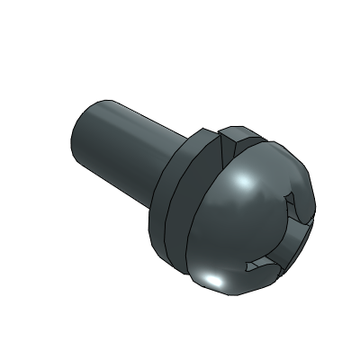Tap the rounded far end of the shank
[79, 135]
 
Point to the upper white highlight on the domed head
[241, 184]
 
